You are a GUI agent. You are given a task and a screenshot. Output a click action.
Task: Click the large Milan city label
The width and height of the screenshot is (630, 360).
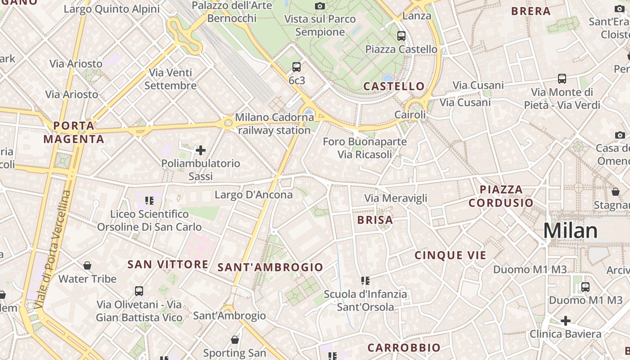coord(570,230)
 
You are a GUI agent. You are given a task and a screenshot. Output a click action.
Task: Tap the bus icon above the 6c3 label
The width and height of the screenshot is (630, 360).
coord(296,67)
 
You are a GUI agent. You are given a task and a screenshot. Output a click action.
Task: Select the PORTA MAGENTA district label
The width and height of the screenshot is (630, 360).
coord(74,132)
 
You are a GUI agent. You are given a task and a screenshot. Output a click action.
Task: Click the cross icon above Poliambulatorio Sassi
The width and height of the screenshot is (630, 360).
coord(201,150)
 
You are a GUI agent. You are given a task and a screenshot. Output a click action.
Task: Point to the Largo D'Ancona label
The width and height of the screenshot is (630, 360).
coord(253,195)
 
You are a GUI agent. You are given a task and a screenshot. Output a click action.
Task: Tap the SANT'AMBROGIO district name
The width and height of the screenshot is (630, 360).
coord(270,267)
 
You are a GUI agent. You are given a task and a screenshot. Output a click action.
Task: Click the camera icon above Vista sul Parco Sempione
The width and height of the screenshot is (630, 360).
coord(320,6)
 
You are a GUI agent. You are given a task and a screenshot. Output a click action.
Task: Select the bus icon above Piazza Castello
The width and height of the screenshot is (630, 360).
coord(401,36)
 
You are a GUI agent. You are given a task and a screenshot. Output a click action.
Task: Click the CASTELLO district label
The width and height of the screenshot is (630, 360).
coord(394,86)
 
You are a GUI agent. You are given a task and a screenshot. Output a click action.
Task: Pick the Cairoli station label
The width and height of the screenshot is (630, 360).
coord(410,115)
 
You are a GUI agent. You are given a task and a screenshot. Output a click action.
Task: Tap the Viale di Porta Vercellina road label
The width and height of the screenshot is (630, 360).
coord(53,250)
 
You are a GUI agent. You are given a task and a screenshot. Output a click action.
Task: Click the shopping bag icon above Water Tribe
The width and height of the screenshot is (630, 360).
coord(87,265)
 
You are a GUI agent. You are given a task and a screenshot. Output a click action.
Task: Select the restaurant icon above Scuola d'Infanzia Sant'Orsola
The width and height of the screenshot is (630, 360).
coord(365,281)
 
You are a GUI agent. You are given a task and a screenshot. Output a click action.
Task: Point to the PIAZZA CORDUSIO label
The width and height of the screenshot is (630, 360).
coord(501,196)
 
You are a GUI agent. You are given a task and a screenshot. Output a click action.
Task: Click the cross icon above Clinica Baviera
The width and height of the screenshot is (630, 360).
coord(565,321)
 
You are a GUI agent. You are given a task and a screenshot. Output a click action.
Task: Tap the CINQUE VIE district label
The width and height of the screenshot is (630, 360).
coord(450,256)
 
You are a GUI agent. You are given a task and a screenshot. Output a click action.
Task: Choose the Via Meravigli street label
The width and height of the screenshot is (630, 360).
coord(396,198)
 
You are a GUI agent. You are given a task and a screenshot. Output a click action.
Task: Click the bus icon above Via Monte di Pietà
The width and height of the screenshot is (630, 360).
coord(562,79)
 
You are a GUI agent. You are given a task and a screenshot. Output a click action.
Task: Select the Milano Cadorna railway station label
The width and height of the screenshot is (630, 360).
coord(274,124)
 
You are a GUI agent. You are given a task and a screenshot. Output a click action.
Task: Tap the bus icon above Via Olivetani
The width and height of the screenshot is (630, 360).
coord(139,291)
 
